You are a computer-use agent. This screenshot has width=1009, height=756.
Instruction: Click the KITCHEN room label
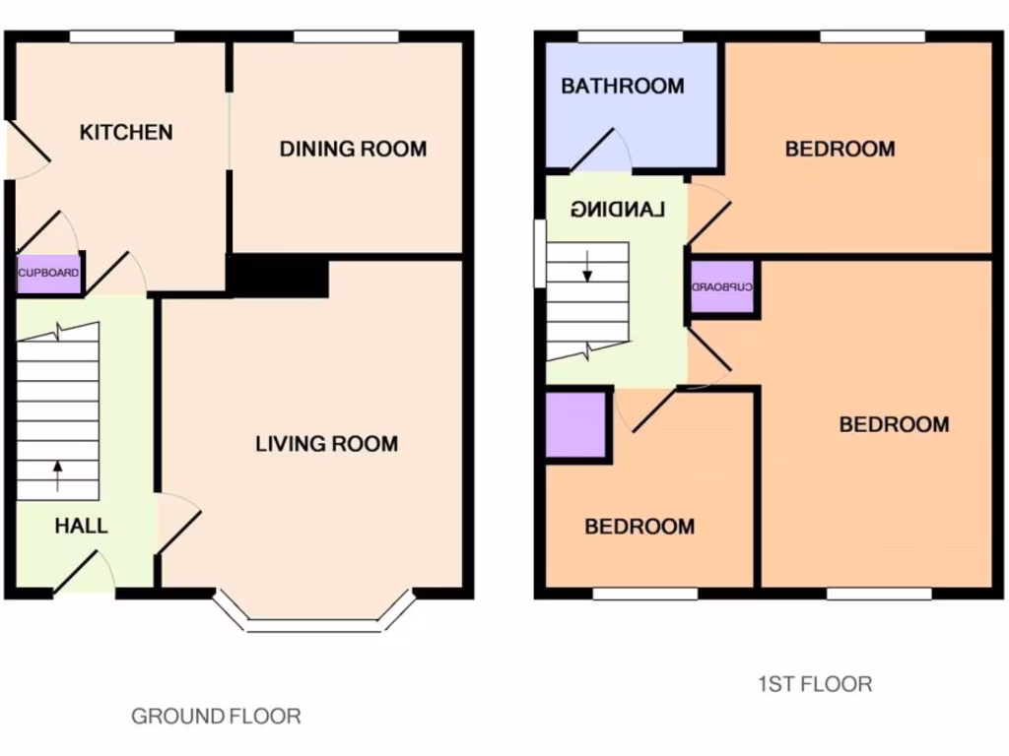point(126,132)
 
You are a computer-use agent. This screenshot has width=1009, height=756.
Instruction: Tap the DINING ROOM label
point(353,150)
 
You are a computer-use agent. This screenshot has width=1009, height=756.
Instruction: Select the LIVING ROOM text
point(326,444)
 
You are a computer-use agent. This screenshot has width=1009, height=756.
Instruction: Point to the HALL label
point(81,526)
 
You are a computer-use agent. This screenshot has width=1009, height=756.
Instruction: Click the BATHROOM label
point(622,86)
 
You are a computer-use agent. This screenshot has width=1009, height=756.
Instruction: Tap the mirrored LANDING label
point(618,209)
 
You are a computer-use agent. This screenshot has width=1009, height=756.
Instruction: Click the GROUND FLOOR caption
point(216,716)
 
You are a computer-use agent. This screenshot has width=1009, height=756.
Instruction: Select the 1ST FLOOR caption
point(814,683)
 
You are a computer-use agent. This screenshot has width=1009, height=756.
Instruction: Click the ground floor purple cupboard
point(48,273)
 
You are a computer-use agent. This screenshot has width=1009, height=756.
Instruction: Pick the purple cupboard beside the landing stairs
point(722,287)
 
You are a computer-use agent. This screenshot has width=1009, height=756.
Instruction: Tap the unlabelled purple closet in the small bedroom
point(575,425)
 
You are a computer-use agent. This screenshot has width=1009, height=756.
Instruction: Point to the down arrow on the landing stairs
point(587,266)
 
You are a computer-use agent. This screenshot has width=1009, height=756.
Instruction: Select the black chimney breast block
point(278,276)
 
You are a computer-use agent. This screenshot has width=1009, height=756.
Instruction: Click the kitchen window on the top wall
point(121,36)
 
